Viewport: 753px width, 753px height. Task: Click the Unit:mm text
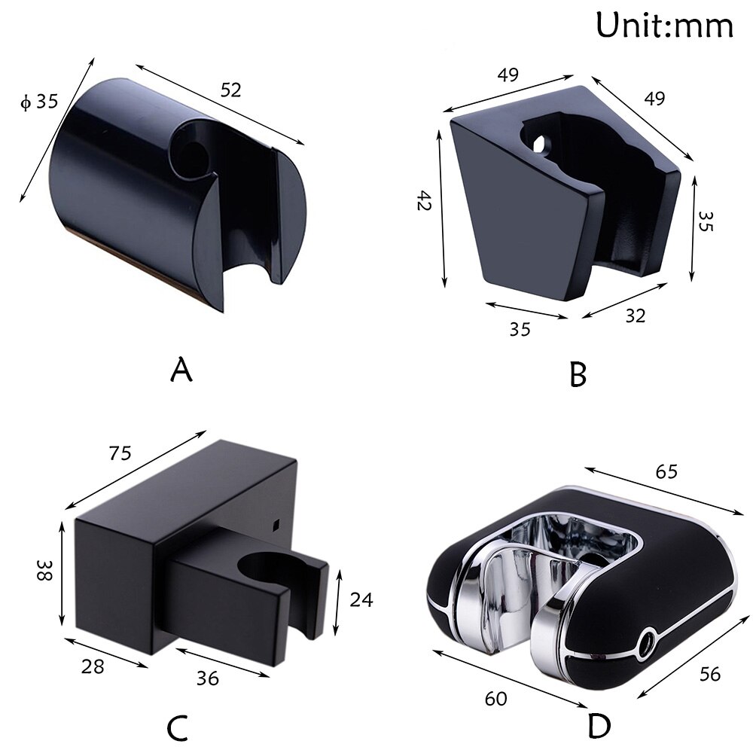click(664, 25)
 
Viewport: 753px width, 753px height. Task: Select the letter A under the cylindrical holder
click(181, 370)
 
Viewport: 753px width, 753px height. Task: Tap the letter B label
click(578, 374)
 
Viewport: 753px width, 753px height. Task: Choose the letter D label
click(599, 727)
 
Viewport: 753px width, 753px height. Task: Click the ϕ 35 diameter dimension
click(39, 101)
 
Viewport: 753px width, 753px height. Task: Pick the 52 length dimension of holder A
click(230, 90)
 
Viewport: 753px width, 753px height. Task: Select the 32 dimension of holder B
click(635, 316)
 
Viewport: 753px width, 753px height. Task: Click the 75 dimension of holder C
click(120, 453)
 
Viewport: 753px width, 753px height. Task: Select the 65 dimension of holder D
click(666, 471)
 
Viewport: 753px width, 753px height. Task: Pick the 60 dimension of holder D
click(496, 699)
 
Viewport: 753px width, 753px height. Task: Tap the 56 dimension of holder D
click(709, 674)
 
